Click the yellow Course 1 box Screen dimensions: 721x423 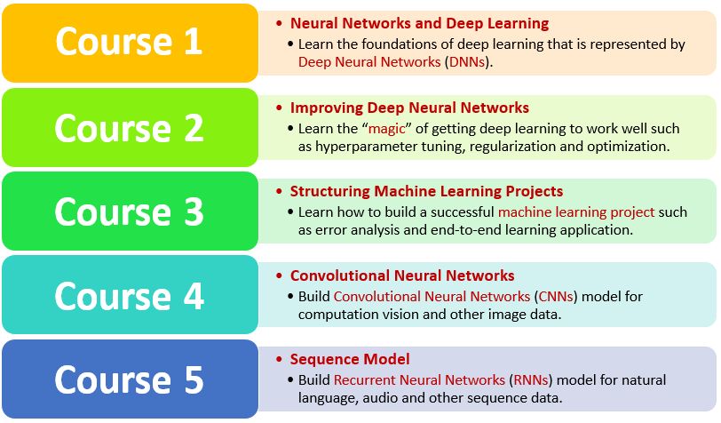tap(130, 43)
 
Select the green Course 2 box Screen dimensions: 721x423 tap(130, 127)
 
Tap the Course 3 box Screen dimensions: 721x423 tap(130, 211)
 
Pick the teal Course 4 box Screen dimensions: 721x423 tap(130, 296)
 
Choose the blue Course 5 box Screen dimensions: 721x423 tap(130, 379)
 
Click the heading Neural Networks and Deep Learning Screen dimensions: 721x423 tap(419, 23)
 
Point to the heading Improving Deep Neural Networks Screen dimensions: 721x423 tap(409, 108)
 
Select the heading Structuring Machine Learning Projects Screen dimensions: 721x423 tap(426, 191)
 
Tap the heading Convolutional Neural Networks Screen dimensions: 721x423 tap(402, 275)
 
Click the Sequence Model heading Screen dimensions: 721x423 tap(350, 359)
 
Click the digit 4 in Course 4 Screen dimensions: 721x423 tap(194, 296)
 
